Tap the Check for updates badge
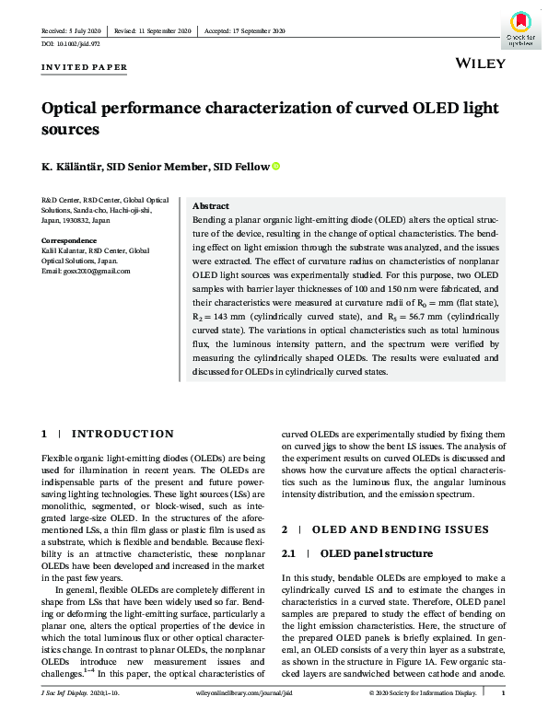(519, 27)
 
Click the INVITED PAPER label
(85, 68)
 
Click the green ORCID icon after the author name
(274, 167)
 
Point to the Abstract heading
(211, 206)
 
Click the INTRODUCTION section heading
(122, 434)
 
